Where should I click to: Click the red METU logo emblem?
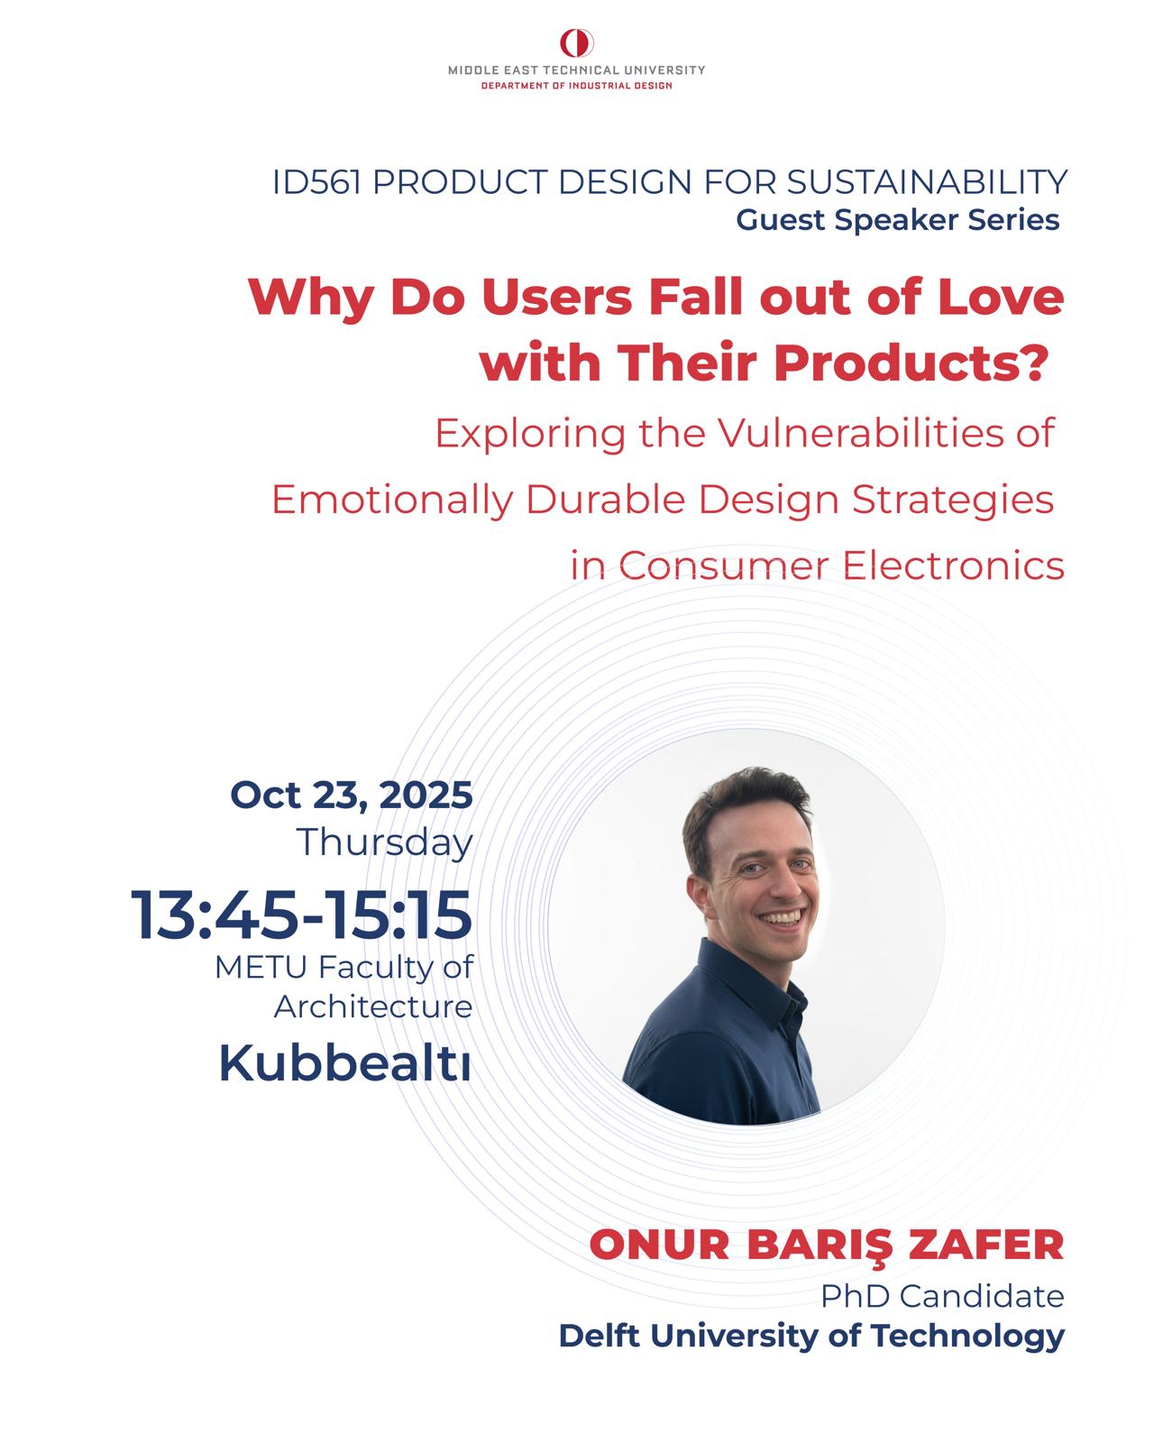(577, 43)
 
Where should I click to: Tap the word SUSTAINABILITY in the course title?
(927, 182)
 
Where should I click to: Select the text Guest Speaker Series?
(898, 220)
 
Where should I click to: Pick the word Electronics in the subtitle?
(953, 565)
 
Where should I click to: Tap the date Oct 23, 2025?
(352, 796)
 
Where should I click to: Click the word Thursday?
(385, 843)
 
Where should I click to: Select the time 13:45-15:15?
(301, 915)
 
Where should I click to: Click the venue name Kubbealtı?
(344, 1062)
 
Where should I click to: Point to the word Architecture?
(373, 1006)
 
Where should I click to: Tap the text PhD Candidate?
(943, 1296)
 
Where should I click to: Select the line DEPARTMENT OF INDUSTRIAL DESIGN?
(577, 86)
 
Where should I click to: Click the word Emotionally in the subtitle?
(392, 501)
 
